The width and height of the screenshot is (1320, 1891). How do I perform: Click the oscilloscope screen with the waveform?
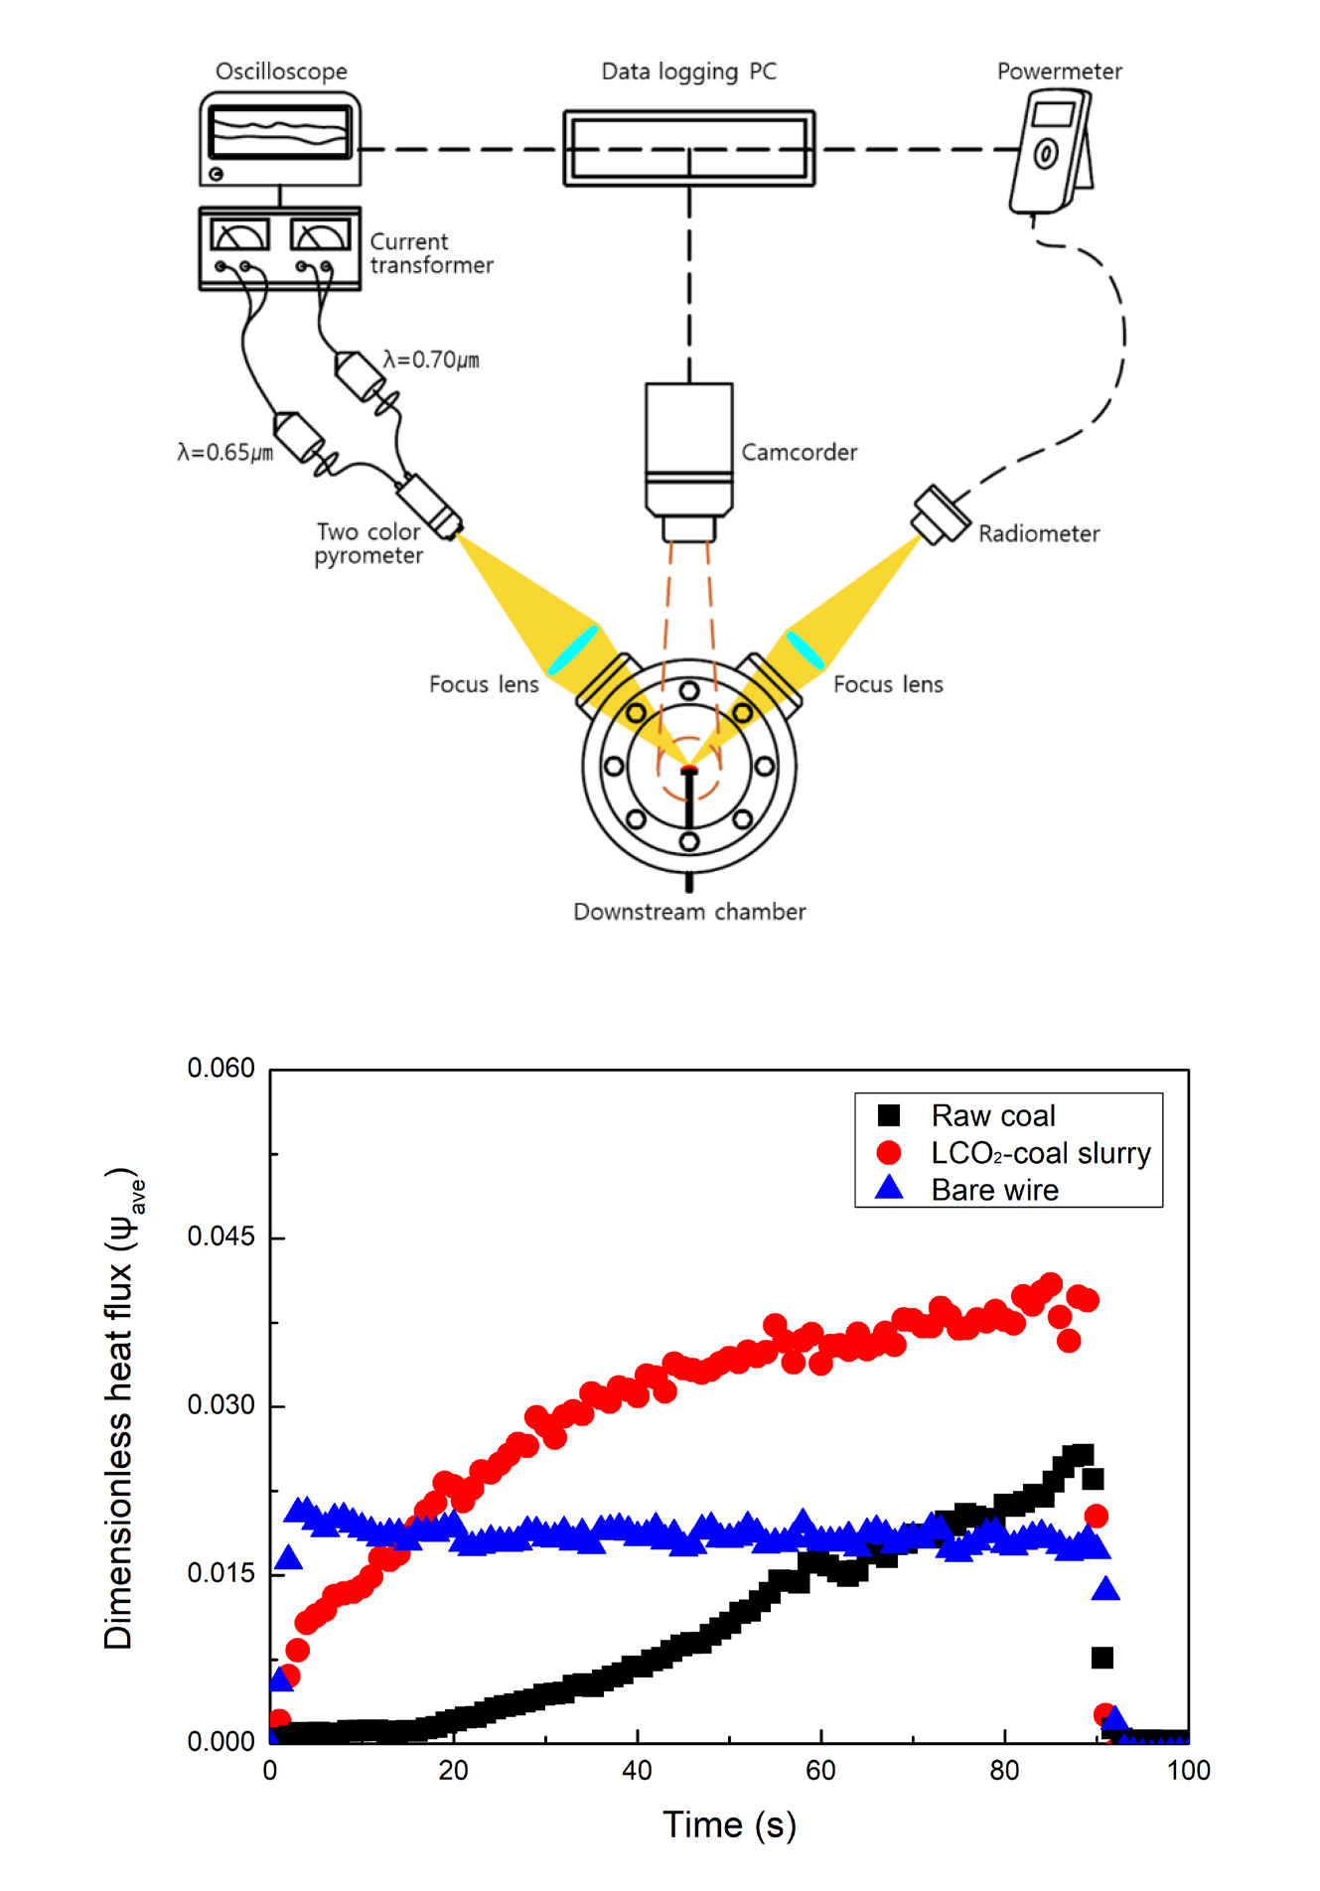(280, 132)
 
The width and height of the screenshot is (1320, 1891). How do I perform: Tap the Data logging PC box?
(688, 148)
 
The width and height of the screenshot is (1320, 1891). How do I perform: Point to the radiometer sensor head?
(940, 514)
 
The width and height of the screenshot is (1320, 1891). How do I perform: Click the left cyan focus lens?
(573, 651)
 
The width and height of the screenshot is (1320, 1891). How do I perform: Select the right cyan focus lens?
(805, 651)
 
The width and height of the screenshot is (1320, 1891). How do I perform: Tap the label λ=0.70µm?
(431, 360)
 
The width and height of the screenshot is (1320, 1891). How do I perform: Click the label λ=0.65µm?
(224, 453)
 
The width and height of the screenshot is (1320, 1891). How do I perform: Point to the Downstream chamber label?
(689, 912)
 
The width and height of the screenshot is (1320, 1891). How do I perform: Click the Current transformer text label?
(430, 253)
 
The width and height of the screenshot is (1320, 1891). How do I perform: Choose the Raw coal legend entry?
(992, 1115)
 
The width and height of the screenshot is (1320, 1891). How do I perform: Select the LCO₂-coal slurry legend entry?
(1040, 1153)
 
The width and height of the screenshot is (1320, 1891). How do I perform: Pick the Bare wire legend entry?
(994, 1190)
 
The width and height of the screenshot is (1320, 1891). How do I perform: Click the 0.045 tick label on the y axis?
(220, 1236)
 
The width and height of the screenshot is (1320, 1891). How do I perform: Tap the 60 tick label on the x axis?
(820, 1771)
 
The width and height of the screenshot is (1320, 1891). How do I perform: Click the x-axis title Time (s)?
(729, 1824)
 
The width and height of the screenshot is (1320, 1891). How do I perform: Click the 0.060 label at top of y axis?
(220, 1068)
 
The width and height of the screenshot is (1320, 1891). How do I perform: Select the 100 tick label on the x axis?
(1188, 1771)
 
